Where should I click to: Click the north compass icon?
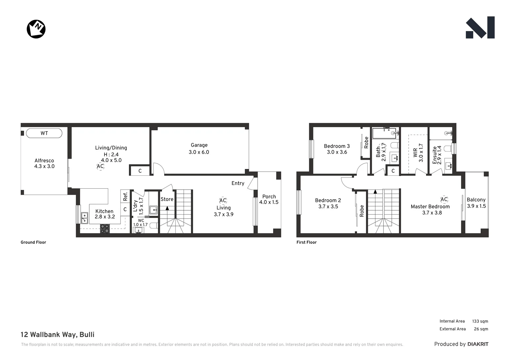pos(36,29)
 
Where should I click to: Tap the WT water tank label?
pos(44,133)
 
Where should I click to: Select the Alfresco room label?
pos(44,161)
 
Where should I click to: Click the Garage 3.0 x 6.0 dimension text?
pos(199,152)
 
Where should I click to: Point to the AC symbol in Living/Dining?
pos(100,166)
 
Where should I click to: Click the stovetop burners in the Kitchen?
pos(105,228)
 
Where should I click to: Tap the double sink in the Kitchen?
pos(85,218)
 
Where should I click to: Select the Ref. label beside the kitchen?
pos(125,196)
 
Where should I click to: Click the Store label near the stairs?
pos(167,199)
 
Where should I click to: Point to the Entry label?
pos(238,183)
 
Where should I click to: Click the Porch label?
pos(269,197)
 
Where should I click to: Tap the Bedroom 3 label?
pos(337,146)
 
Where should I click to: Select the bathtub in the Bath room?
pos(384,133)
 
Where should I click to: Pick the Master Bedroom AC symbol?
pos(444,199)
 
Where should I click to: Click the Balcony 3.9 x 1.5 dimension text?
pos(476,206)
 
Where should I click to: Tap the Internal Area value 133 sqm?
pos(480,321)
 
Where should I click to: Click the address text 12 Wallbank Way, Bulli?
pos(58,335)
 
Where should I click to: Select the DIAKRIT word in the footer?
pos(478,344)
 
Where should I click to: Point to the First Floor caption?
pos(306,242)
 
